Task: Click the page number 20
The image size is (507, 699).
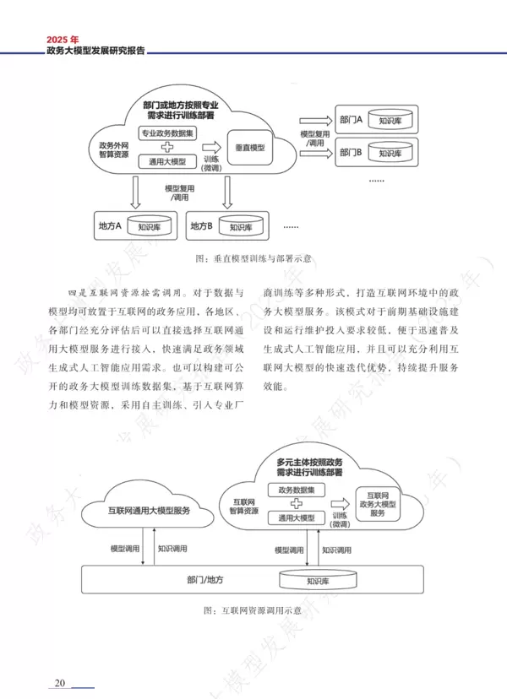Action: pos(60,682)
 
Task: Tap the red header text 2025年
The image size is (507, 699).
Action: pos(63,39)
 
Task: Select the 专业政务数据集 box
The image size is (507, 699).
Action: pos(172,133)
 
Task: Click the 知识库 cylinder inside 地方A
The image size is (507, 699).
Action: pos(155,226)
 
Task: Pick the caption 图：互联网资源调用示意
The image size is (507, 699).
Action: pos(253,610)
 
